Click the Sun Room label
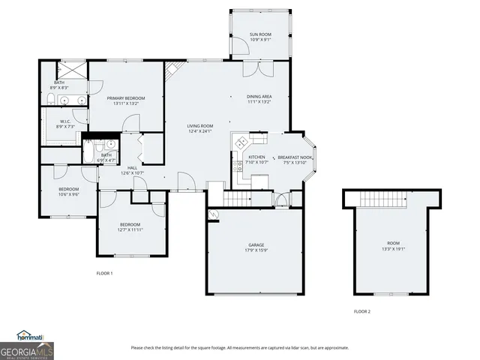(261, 34)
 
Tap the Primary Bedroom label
(125, 98)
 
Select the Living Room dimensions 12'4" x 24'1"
(200, 131)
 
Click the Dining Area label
(259, 96)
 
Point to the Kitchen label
(256, 157)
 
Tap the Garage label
(256, 244)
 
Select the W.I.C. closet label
(65, 121)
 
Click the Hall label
(132, 167)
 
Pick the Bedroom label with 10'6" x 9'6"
(68, 189)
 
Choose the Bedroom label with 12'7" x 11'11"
(130, 224)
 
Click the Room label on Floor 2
(393, 244)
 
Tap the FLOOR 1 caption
(104, 273)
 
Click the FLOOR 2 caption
(362, 310)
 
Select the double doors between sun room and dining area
(259, 68)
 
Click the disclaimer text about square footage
(239, 347)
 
